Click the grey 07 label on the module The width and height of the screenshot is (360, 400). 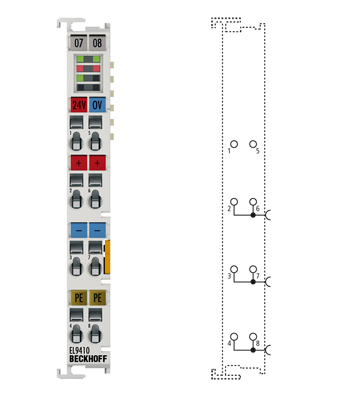pos(79,43)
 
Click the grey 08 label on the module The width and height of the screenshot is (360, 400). pos(97,43)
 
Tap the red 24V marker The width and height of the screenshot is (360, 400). pos(79,104)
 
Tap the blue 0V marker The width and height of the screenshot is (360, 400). pos(97,104)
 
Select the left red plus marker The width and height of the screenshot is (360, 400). pos(79,162)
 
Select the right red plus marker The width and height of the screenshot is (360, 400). pos(97,162)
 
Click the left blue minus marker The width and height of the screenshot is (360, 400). pos(79,230)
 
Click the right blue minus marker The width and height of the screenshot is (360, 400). pos(97,230)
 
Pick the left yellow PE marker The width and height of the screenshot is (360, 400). pos(79,297)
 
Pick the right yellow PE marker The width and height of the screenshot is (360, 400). pos(97,297)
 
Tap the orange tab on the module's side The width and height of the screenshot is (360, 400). pos(108,256)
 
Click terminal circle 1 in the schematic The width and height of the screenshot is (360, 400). pos(233,144)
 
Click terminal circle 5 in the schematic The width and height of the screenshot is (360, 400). pos(253,144)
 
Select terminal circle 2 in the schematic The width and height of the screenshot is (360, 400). pos(233,201)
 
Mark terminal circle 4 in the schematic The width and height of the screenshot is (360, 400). pos(233,337)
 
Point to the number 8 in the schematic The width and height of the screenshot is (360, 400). pos(258,345)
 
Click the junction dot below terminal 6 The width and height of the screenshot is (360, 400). pos(253,214)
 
